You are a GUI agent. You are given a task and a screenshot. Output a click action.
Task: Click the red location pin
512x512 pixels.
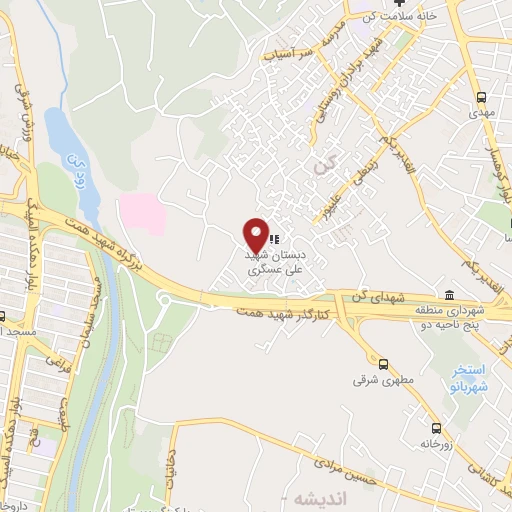[256, 234]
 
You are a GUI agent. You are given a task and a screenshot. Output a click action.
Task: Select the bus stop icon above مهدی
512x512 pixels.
[481, 98]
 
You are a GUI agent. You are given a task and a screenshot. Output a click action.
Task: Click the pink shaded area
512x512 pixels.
[141, 214]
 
